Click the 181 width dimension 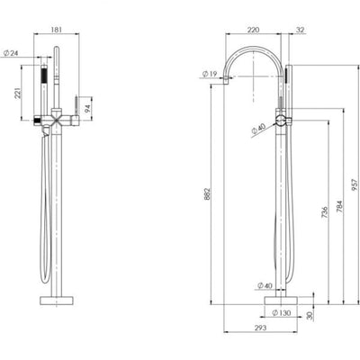pos(58,31)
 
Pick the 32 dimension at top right pos(298,31)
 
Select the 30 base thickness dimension pos(310,315)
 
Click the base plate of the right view pos(282,300)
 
